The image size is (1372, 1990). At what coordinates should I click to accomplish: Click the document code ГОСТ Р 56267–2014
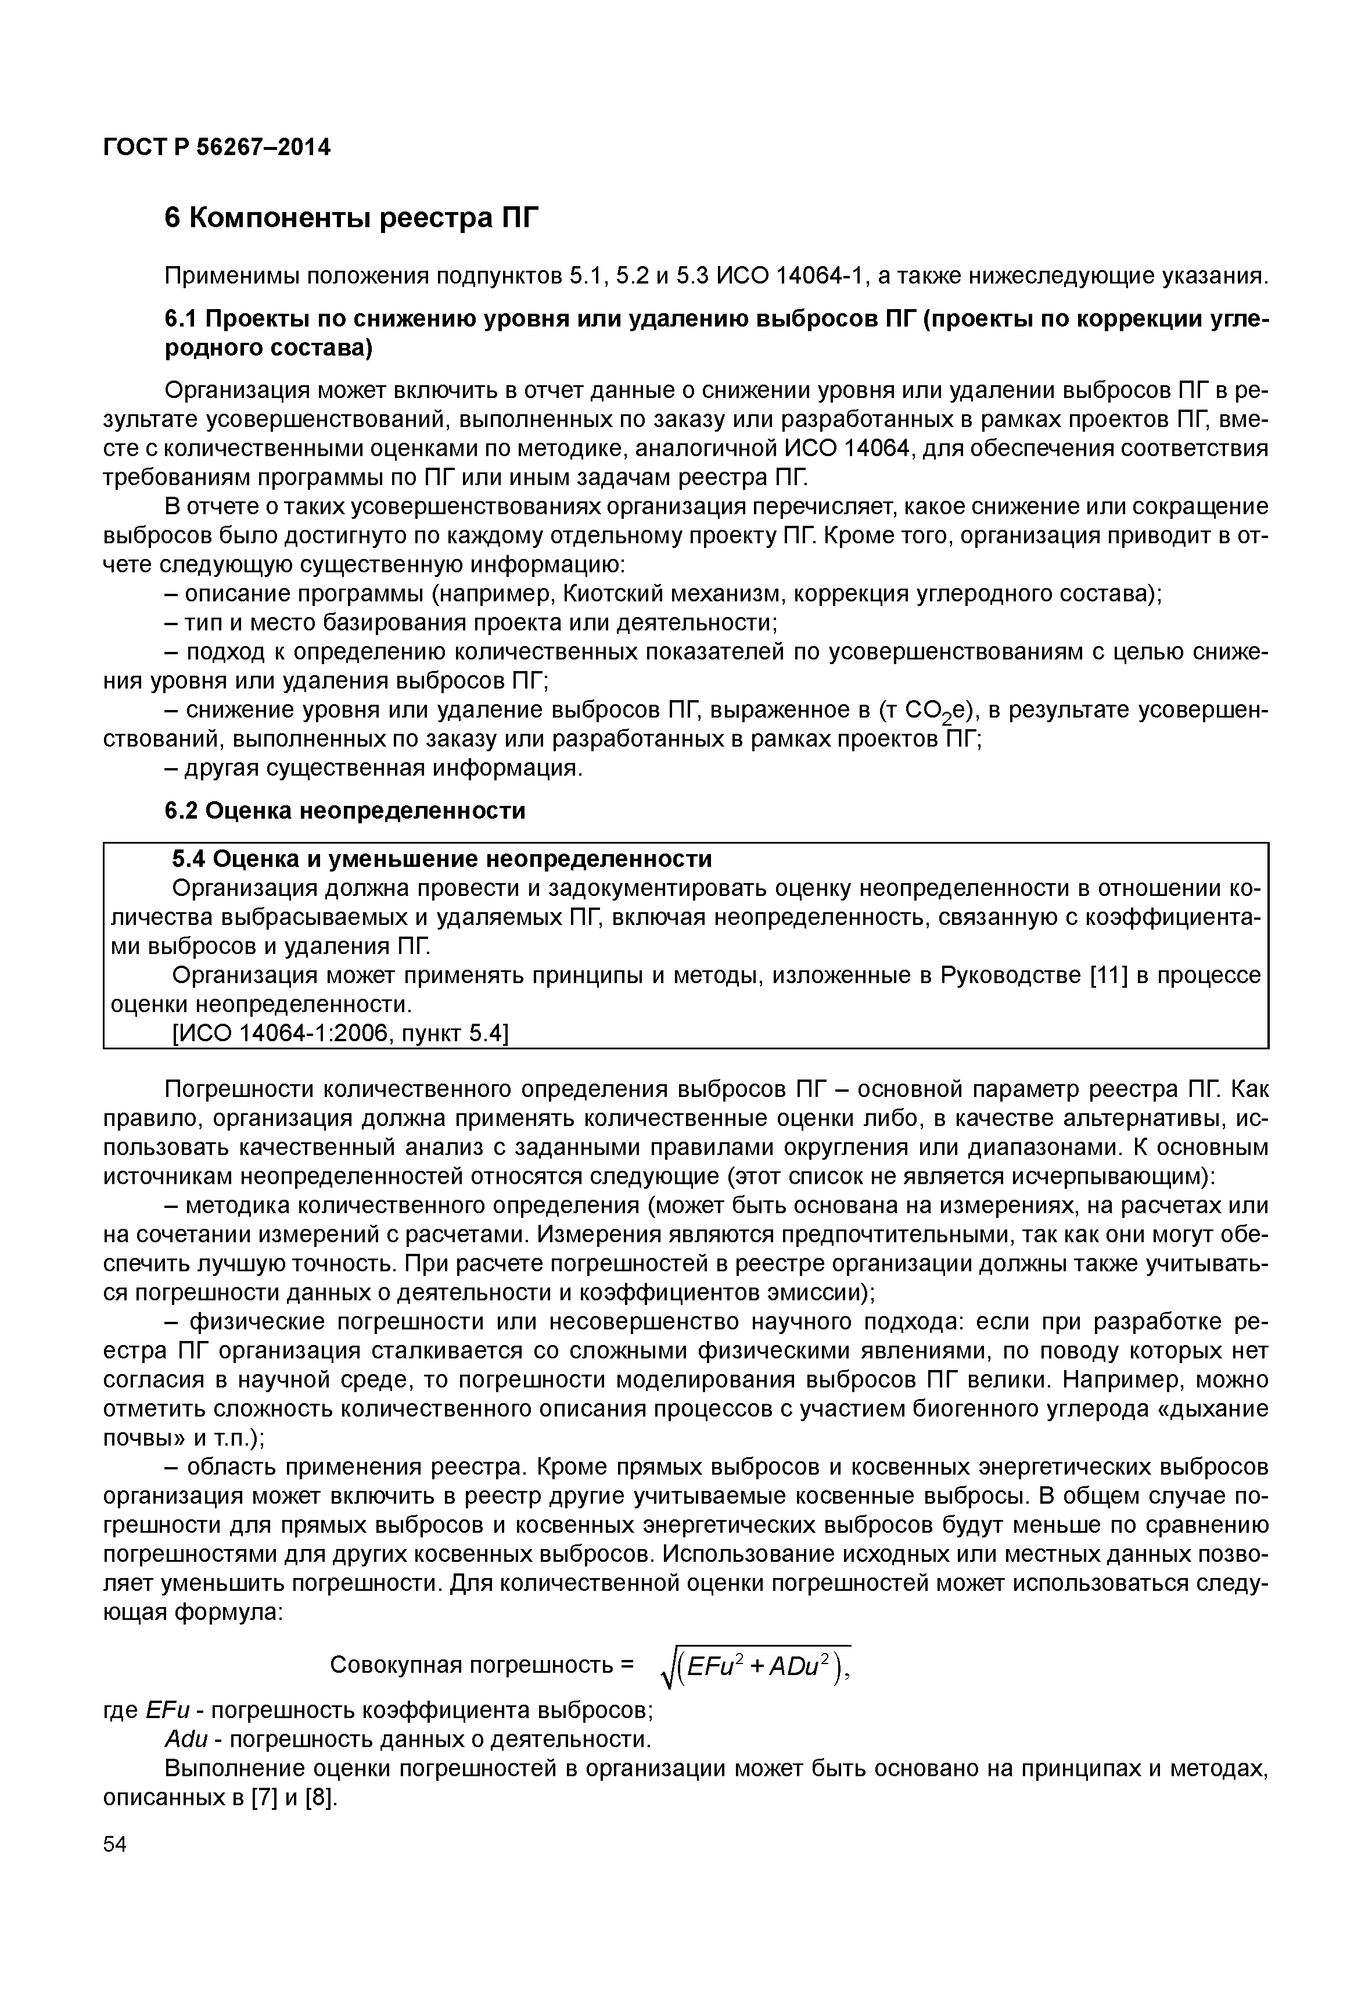click(217, 147)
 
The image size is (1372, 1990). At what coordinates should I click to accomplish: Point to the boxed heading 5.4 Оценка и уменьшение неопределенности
click(442, 858)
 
